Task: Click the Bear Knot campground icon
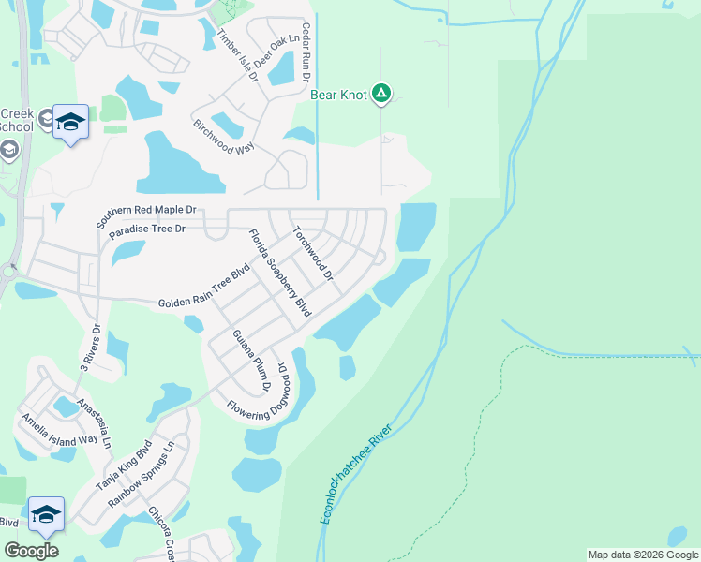point(380,93)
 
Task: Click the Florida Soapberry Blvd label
point(278,273)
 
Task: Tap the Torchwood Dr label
point(313,253)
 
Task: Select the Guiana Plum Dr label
point(251,362)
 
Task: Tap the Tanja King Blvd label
point(123,466)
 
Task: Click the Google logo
point(32,550)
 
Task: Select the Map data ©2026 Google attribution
point(642,555)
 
